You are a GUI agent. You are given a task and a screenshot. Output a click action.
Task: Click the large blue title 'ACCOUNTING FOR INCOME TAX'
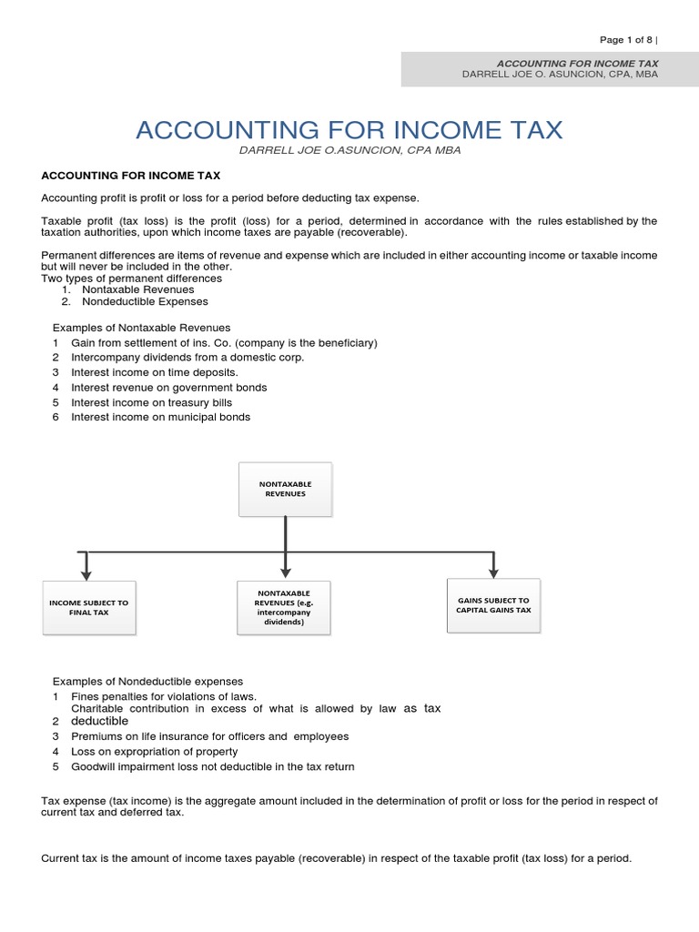349,130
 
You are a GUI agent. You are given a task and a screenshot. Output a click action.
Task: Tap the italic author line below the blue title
349,151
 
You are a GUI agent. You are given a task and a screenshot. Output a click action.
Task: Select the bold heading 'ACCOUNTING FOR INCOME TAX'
131,175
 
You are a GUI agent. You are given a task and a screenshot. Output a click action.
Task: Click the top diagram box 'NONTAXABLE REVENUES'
286,488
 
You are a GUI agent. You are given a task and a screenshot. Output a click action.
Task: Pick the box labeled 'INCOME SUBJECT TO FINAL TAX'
89,607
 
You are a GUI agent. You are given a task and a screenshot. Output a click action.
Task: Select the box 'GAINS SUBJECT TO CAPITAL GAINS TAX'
493,605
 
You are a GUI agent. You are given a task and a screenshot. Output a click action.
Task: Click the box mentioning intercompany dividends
285,608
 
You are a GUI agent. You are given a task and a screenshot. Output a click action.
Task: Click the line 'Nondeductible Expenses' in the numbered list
144,301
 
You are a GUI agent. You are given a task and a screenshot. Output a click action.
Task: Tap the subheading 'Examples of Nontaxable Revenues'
141,327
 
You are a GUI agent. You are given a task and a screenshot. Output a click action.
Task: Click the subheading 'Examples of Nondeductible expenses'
147,681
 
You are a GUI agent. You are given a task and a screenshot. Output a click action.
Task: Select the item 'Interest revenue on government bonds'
168,388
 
